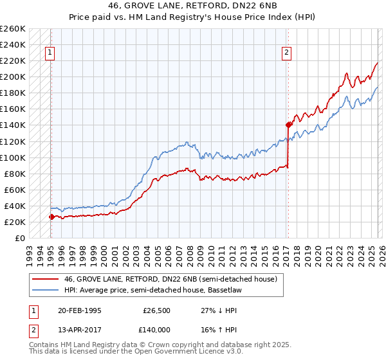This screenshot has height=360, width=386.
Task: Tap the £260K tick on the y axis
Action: [x=12, y=29]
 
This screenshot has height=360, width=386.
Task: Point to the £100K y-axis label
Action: [x=12, y=157]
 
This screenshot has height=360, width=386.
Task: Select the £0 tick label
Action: [x=19, y=238]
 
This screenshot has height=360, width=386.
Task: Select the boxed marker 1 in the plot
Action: [x=50, y=53]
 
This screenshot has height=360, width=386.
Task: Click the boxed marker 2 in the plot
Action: [x=286, y=53]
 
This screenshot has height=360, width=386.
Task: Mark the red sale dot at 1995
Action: [x=51, y=217]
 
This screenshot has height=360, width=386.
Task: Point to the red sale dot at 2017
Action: [x=288, y=125]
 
